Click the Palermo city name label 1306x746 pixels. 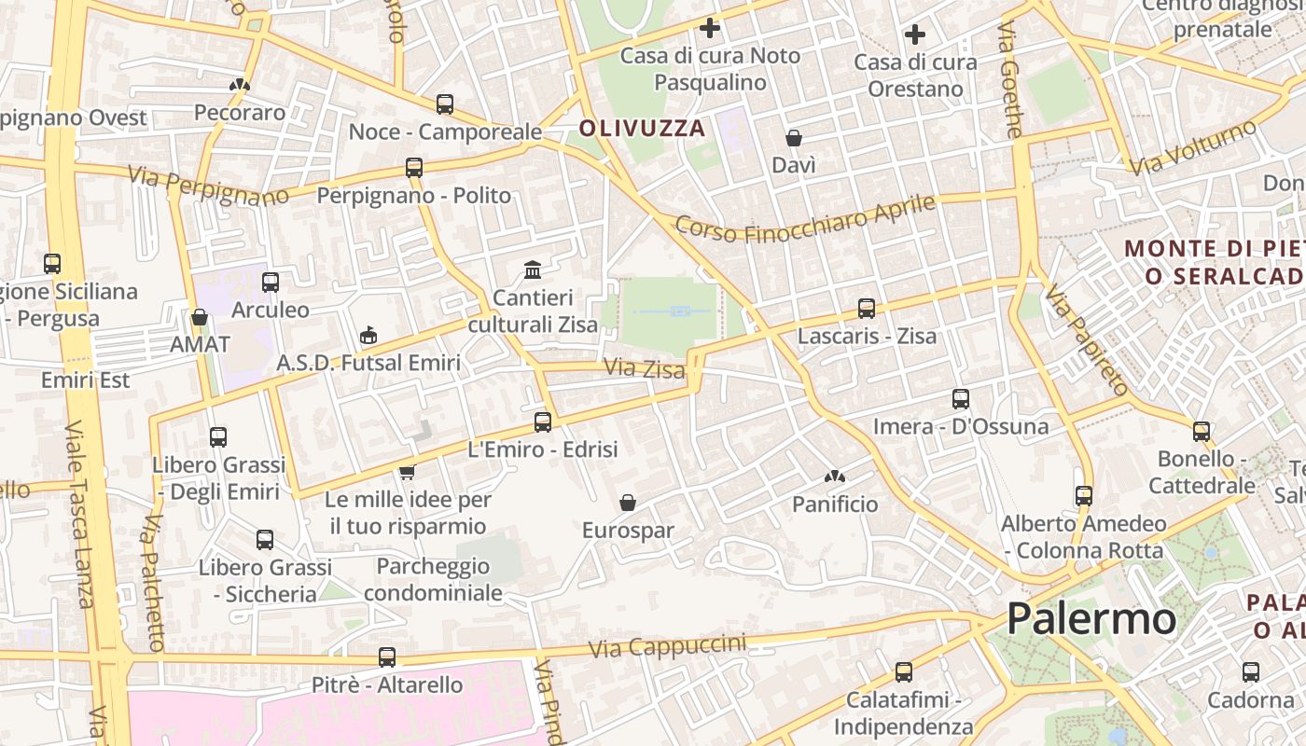(x=1091, y=618)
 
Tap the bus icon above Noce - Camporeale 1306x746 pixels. (x=445, y=104)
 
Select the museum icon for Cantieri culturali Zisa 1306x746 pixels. (x=533, y=269)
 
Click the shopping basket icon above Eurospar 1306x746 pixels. (x=628, y=503)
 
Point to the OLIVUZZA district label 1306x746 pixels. (x=642, y=129)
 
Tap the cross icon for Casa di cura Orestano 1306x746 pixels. (x=915, y=35)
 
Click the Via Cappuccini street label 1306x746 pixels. (x=667, y=645)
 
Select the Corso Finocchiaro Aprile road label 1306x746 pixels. (x=804, y=217)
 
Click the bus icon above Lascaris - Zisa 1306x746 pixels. (x=867, y=309)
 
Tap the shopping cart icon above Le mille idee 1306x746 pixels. (x=407, y=472)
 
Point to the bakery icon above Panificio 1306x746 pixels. (x=834, y=477)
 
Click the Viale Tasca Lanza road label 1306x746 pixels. (x=80, y=514)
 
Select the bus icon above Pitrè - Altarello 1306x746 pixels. (x=387, y=657)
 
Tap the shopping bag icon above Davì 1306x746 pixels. (x=794, y=138)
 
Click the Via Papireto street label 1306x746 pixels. (x=1087, y=339)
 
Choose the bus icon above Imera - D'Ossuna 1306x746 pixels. (x=961, y=399)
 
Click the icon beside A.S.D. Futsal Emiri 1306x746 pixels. (x=368, y=335)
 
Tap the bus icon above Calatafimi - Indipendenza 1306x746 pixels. (x=903, y=671)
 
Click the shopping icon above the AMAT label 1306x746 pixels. (x=199, y=317)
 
